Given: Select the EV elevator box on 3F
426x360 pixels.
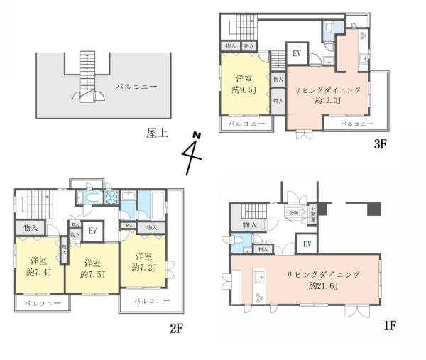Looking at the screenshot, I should [x=295, y=53].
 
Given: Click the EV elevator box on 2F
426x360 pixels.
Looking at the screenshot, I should [x=92, y=230].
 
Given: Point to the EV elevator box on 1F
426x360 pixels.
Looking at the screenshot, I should [x=307, y=245].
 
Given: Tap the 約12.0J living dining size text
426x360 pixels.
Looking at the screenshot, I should [x=328, y=101].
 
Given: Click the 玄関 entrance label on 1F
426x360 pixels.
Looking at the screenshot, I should [x=293, y=213].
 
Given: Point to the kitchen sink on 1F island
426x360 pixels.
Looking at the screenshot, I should [x=259, y=276].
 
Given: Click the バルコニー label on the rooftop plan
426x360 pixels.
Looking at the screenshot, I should [x=136, y=87].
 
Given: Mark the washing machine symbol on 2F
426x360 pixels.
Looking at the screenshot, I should [x=111, y=198].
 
